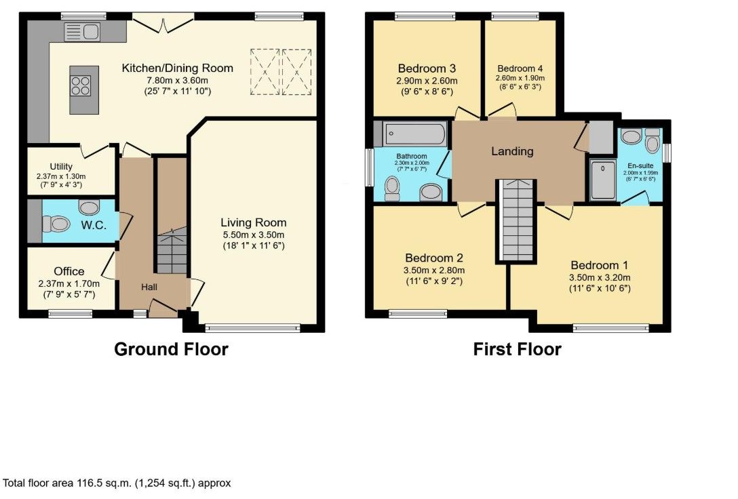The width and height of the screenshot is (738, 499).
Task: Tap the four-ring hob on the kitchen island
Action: coord(81,85)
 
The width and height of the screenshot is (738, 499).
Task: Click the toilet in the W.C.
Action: coord(56,224)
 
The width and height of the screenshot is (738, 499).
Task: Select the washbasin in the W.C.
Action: coord(89,207)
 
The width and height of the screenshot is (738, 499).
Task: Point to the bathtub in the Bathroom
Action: coord(414,134)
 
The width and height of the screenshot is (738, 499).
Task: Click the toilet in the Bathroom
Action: coord(391,188)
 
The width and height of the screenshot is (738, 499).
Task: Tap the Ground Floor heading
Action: coord(172,349)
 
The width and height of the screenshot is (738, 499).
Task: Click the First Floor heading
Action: coord(517,349)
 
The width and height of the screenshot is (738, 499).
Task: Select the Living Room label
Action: coord(254,222)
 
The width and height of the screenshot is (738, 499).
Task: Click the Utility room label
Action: coord(61,167)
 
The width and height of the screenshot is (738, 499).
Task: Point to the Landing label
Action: coord(512,151)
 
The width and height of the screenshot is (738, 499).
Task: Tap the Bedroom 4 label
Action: coord(520,68)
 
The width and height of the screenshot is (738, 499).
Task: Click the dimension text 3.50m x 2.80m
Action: coord(434,271)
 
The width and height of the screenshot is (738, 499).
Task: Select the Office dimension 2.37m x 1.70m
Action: coord(69,283)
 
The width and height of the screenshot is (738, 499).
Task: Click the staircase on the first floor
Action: coord(517,220)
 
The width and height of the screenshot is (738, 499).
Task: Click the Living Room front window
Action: coord(252,327)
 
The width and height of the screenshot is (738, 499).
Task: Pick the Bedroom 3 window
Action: coord(425,17)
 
